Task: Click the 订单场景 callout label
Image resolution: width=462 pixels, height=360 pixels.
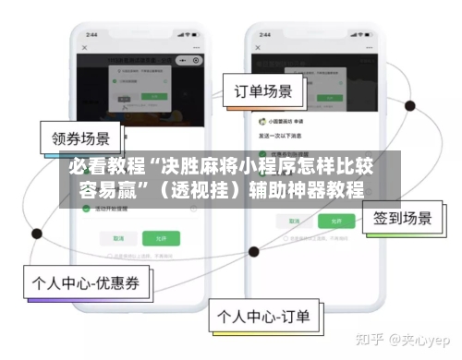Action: point(263,91)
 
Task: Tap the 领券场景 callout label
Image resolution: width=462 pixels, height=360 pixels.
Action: point(80,140)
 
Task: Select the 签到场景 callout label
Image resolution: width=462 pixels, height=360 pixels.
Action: point(402,218)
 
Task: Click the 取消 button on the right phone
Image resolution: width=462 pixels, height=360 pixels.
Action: point(284,222)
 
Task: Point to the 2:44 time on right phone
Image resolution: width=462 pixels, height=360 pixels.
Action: point(263,33)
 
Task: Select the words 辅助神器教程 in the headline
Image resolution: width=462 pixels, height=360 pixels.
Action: point(306,193)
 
